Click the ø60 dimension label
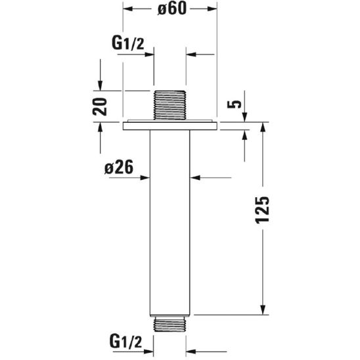[x=172, y=9]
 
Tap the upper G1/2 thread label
[x=128, y=43]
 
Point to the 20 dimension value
[x=100, y=106]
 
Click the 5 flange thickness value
[x=235, y=104]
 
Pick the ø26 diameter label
[x=119, y=167]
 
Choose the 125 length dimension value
[x=262, y=210]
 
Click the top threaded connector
[x=169, y=105]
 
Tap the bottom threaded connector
[x=169, y=324]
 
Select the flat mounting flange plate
[x=170, y=126]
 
